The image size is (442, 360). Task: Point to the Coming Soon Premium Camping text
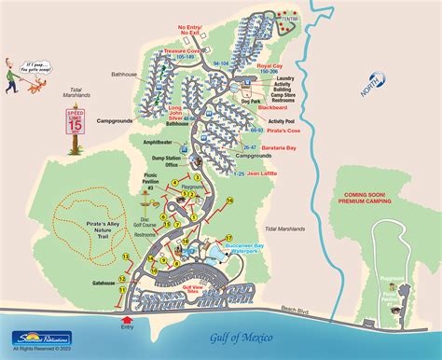pos(365,199)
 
